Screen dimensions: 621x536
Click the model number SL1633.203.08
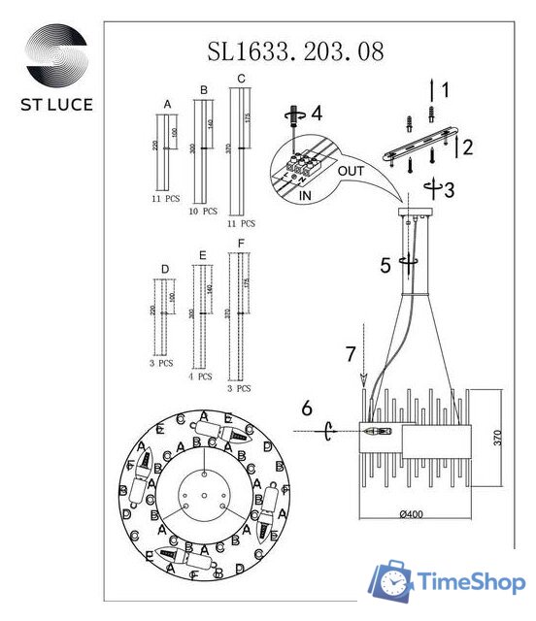click(296, 51)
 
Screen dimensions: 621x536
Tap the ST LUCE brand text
click(57, 104)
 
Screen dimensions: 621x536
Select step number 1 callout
click(445, 91)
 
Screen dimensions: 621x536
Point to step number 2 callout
click(467, 147)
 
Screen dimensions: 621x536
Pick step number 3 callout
click(450, 190)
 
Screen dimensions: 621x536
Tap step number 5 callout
click(385, 263)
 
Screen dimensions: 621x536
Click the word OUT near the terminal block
click(352, 170)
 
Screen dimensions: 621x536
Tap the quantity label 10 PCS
click(202, 211)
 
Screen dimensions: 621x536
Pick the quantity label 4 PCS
click(199, 376)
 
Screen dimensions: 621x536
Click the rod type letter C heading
click(241, 78)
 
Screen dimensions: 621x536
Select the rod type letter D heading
click(165, 269)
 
